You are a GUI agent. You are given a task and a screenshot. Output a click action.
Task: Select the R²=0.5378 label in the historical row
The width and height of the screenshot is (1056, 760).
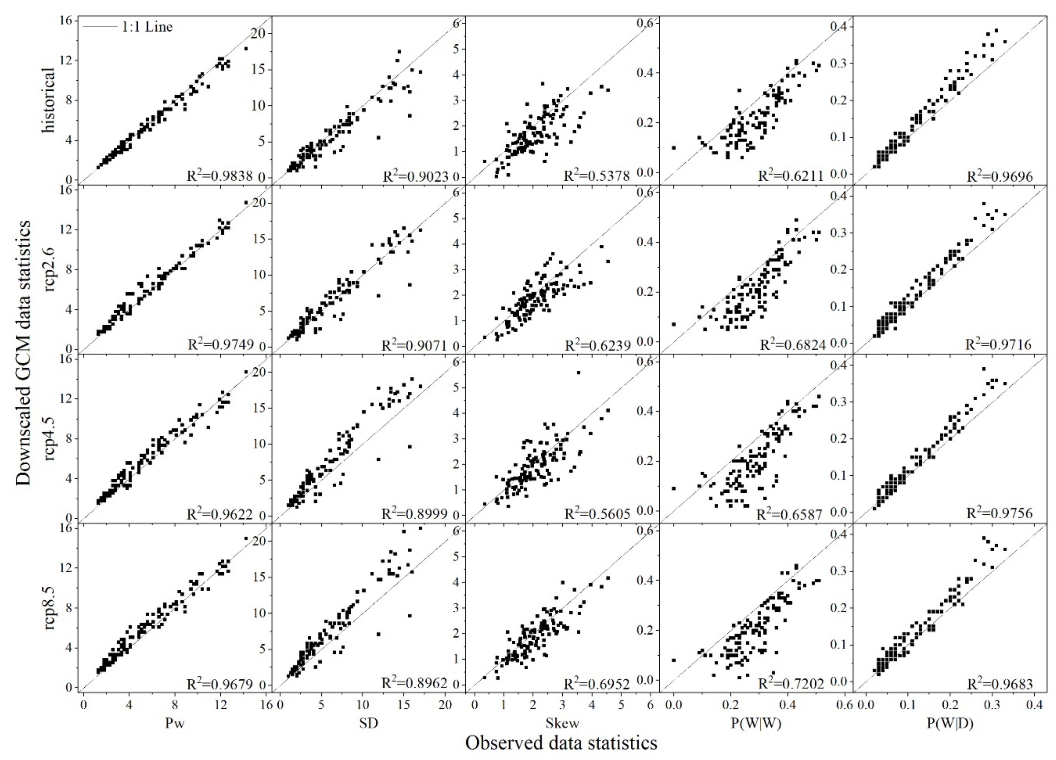597,176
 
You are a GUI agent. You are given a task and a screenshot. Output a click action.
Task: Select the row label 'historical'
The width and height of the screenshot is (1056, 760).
49,100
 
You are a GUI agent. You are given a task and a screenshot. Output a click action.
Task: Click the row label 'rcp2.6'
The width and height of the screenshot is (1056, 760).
49,269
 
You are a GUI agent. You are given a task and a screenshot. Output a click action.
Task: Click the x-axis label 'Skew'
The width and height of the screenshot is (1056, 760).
562,723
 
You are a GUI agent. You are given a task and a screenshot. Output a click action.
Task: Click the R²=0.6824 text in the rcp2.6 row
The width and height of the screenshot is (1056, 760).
793,345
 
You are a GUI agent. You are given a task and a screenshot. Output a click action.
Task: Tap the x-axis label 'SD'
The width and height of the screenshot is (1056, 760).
369,723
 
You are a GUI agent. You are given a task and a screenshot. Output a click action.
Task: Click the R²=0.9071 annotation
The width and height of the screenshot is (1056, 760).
414,345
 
